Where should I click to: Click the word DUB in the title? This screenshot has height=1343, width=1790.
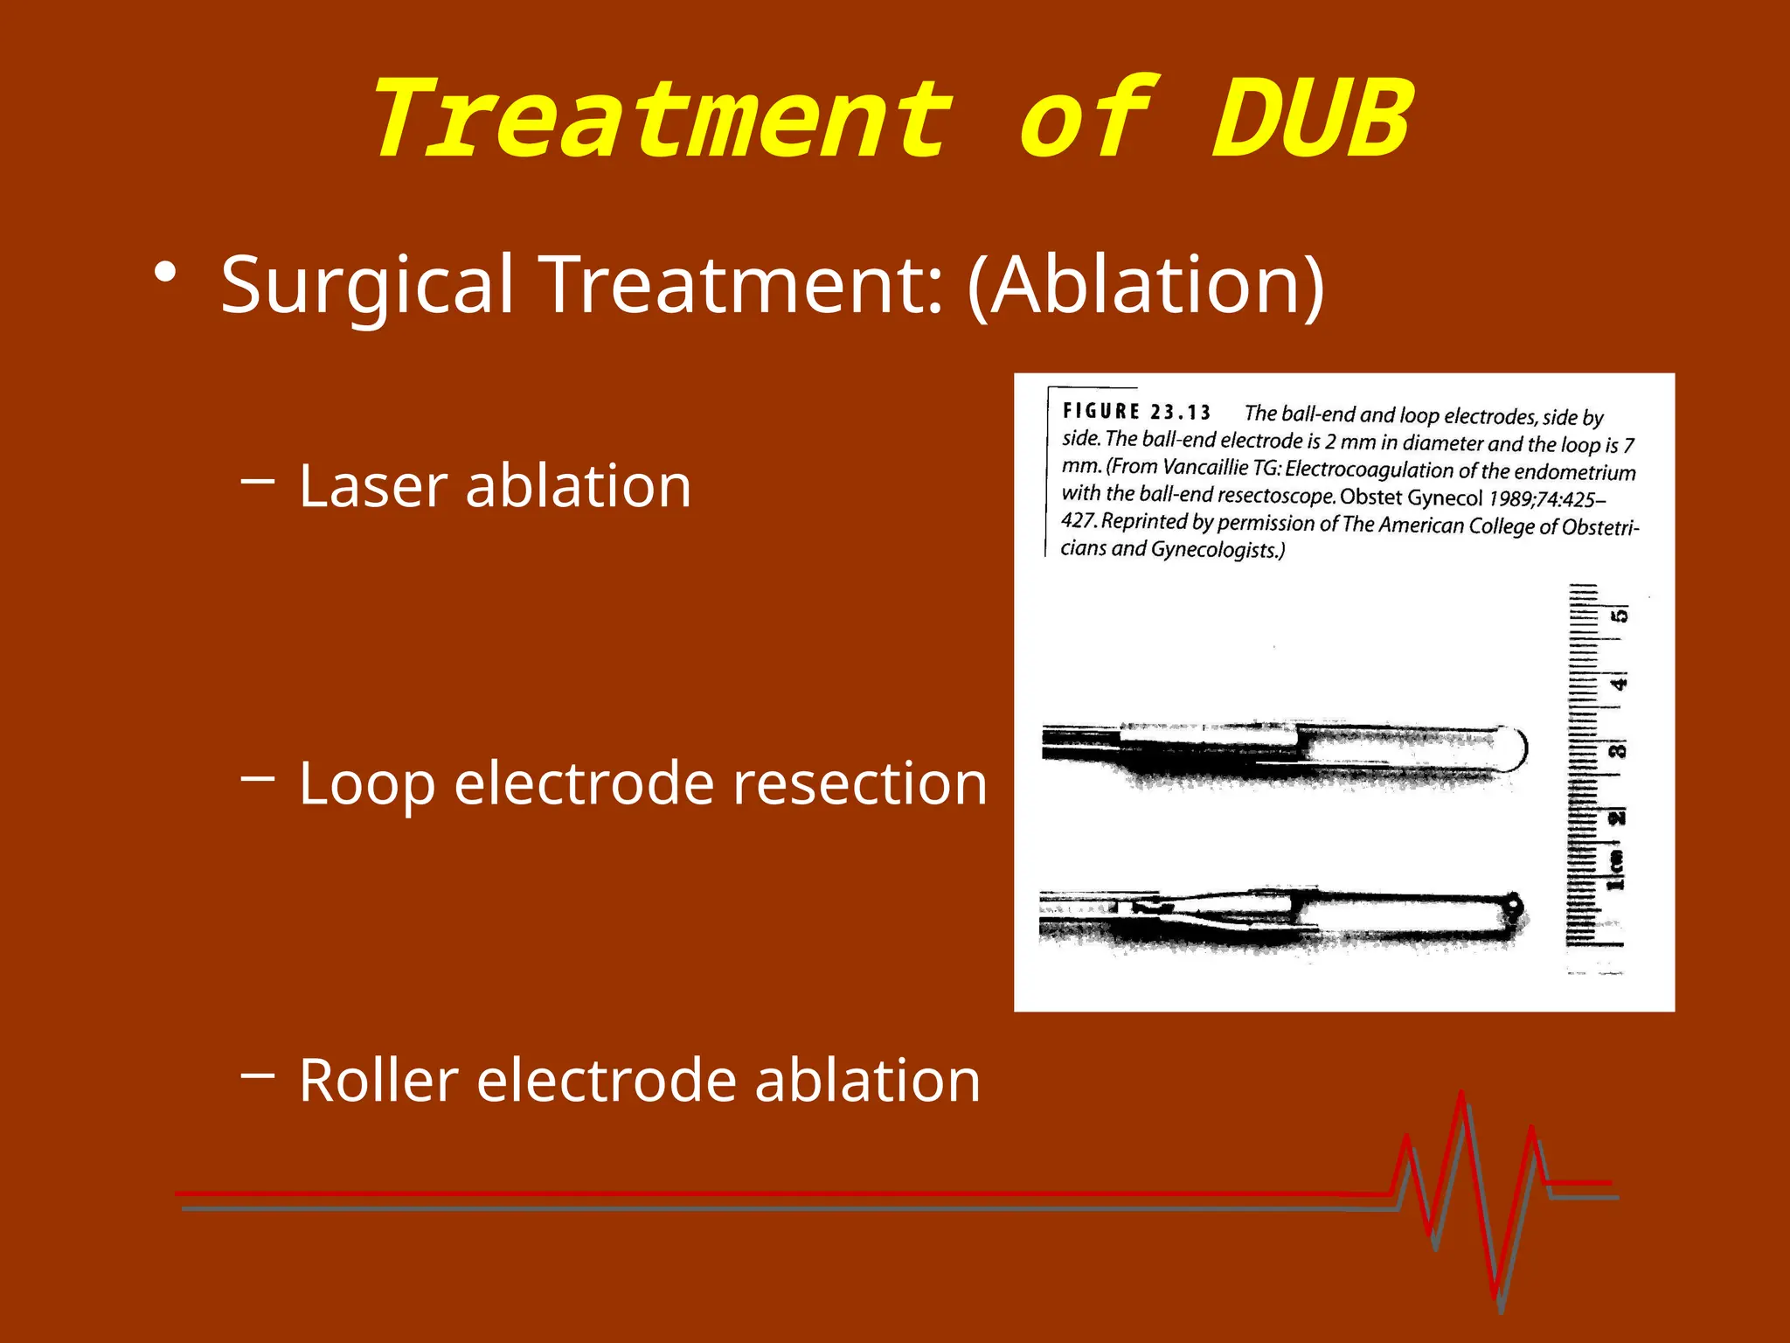coord(1311,120)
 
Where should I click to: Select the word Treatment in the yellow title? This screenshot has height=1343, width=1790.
coord(663,120)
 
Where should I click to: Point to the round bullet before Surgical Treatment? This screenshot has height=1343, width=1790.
coord(164,274)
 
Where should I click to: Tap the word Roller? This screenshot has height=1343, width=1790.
coord(378,1081)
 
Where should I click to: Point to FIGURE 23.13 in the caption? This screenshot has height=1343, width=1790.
coord(1136,412)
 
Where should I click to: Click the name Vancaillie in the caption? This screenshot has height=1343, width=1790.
coord(1205,468)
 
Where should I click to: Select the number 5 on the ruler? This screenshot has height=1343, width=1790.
coord(1620,616)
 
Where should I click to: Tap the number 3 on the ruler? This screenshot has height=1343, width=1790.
coord(1619,750)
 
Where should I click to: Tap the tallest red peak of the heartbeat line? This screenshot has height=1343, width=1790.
coord(1460,1095)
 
